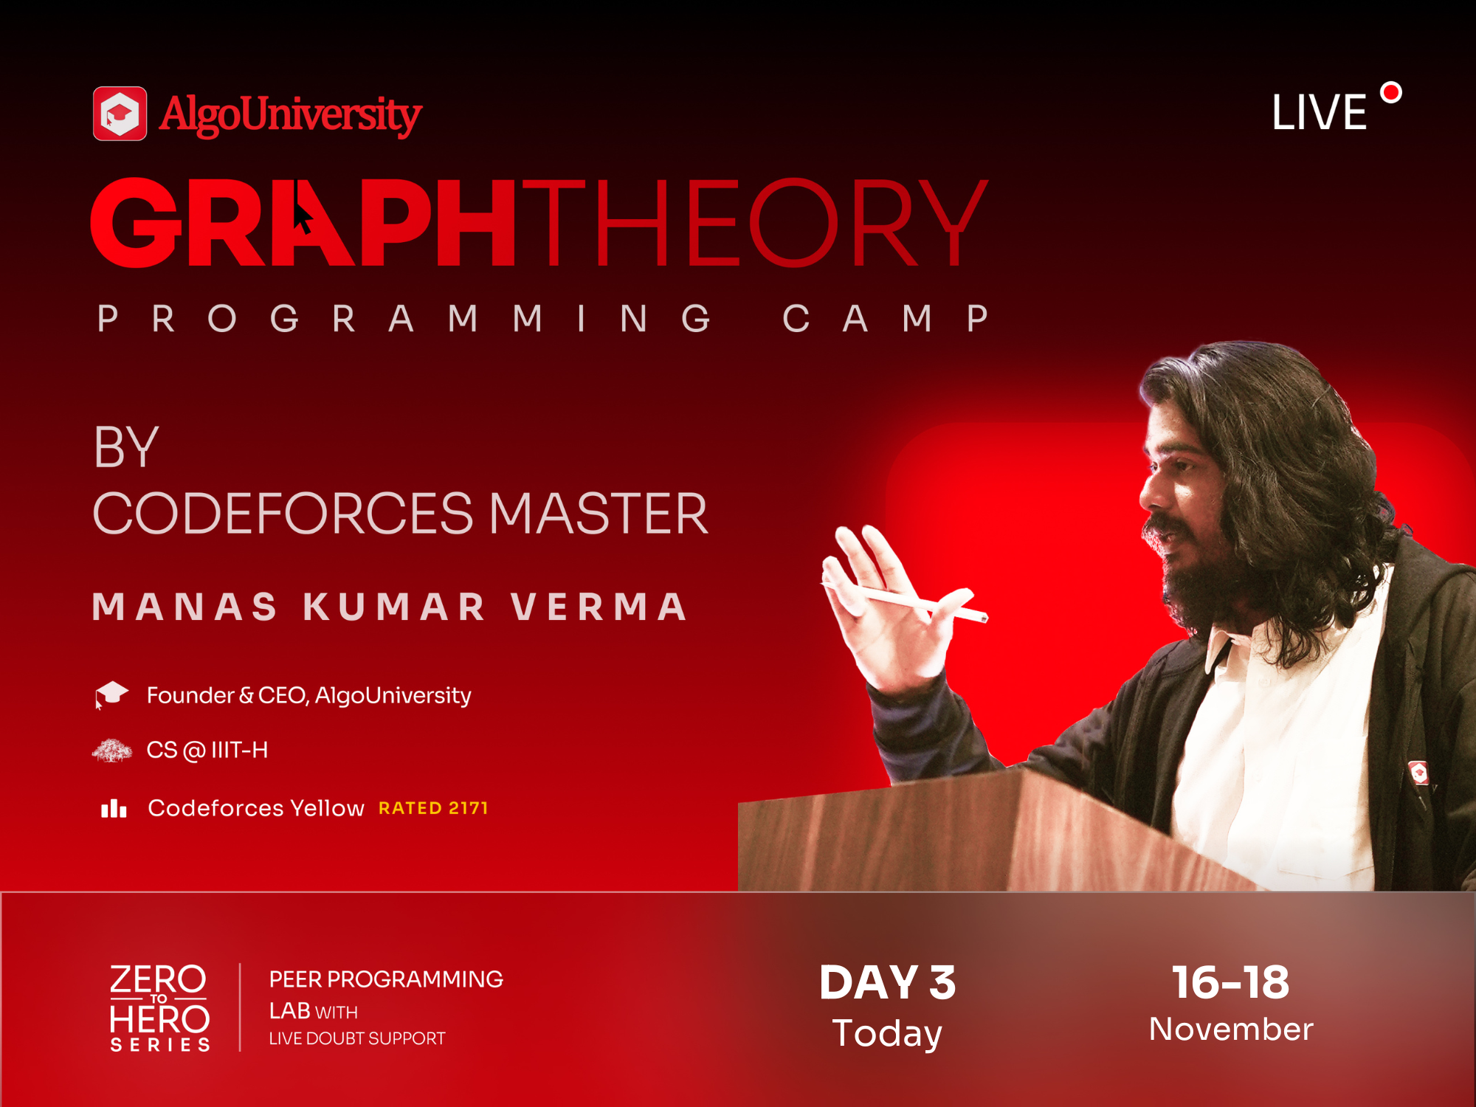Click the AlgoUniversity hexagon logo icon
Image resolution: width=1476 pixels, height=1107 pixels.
(120, 114)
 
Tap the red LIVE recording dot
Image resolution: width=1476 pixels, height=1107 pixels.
(1391, 93)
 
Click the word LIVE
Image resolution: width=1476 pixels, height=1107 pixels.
(1320, 113)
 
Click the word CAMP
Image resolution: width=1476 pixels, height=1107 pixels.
(886, 319)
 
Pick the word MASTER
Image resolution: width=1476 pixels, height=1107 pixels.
(599, 514)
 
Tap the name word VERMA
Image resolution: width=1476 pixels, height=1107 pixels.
(599, 607)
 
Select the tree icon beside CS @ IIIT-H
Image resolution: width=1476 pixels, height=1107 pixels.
(111, 751)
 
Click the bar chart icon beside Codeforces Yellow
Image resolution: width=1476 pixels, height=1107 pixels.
(114, 808)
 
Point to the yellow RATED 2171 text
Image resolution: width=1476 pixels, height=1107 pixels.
(433, 808)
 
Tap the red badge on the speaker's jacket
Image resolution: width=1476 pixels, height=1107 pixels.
(1418, 773)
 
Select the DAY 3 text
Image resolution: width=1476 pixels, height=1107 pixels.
(888, 983)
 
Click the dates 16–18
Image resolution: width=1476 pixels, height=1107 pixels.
(1231, 982)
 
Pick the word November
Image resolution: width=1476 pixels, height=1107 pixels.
(1231, 1029)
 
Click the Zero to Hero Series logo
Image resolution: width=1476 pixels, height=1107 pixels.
(159, 1007)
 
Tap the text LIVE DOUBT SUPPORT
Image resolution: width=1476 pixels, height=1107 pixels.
(357, 1038)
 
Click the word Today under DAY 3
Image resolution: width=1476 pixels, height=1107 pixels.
(887, 1032)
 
